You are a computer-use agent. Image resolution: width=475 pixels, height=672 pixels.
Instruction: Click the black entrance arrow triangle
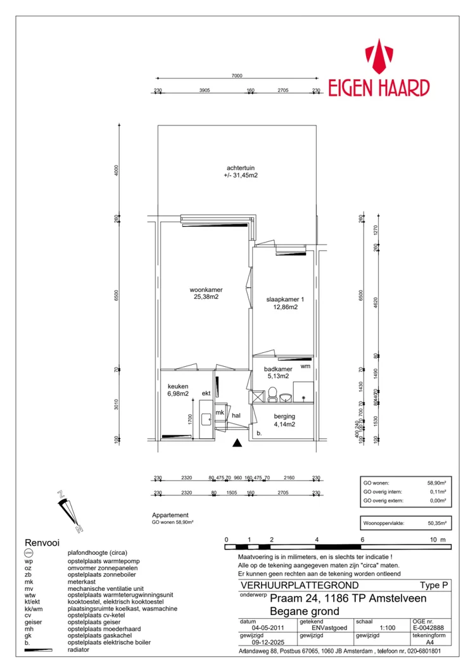[x=237, y=444]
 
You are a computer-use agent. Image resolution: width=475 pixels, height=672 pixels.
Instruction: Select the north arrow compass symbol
[x=68, y=509]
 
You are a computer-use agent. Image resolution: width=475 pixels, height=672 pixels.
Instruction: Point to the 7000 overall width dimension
[x=236, y=75]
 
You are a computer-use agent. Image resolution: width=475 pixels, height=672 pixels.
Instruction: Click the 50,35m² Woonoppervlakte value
[x=436, y=524]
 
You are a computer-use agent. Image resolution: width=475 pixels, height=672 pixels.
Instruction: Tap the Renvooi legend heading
[x=42, y=543]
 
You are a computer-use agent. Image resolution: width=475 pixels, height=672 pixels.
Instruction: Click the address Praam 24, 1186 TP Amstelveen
[x=348, y=599]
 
